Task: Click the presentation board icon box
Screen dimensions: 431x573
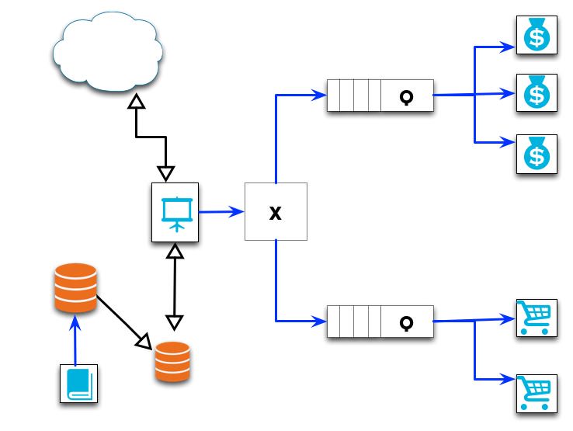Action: pos(175,210)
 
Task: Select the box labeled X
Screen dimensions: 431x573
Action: pos(276,211)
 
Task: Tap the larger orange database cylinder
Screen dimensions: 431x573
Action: pos(75,288)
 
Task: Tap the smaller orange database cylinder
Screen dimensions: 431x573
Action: pos(172,361)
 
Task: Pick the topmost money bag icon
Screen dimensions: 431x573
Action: pos(536,36)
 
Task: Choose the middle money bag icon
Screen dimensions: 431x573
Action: pos(536,93)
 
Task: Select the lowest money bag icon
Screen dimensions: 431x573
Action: pos(536,153)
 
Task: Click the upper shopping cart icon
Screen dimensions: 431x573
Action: pos(536,318)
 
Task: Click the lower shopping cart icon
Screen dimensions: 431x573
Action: pos(536,392)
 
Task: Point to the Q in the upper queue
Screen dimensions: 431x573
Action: pos(405,97)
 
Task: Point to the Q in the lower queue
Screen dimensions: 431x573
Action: pos(405,321)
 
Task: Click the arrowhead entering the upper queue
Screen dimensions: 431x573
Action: pos(319,96)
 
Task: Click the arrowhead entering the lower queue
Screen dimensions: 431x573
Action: pos(319,320)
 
